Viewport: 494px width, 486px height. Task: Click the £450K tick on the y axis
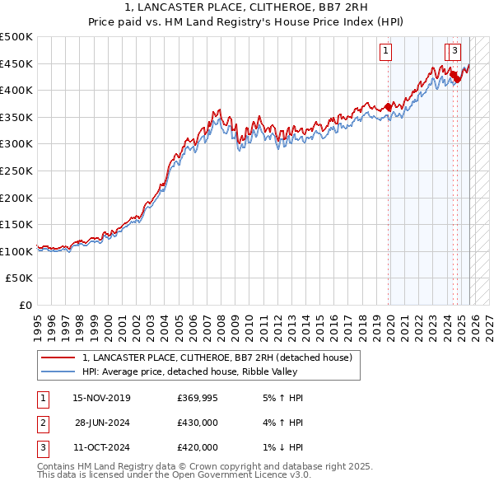(16, 63)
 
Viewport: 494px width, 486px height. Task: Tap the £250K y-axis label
(16, 171)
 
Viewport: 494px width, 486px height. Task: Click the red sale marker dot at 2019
(388, 106)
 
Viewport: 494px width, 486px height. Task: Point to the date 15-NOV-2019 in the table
(101, 398)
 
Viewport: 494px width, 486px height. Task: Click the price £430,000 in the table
(198, 423)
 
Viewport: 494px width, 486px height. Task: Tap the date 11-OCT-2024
(101, 447)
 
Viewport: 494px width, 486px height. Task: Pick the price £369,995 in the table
(198, 398)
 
